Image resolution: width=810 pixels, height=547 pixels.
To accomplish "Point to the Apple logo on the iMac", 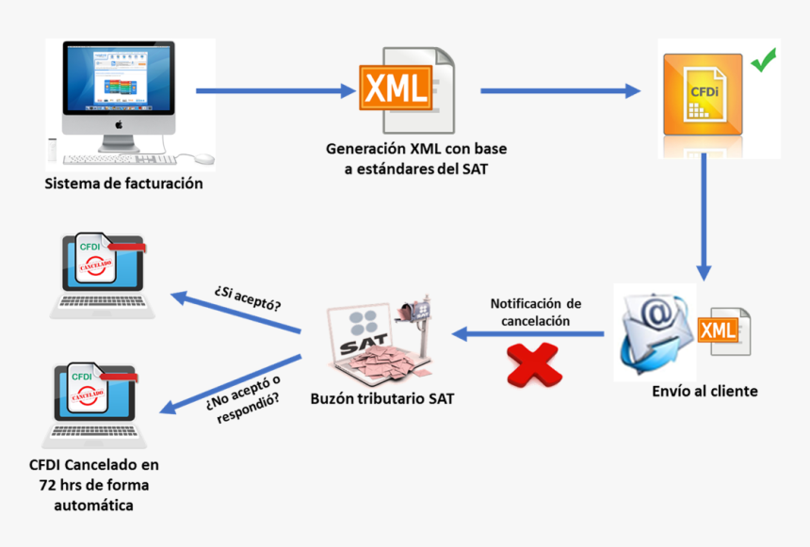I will [x=119, y=123].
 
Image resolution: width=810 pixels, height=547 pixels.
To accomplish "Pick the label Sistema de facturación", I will [x=123, y=184].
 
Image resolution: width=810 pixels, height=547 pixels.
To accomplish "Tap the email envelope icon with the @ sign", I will [x=656, y=331].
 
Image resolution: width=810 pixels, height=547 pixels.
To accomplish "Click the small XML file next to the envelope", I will [x=726, y=330].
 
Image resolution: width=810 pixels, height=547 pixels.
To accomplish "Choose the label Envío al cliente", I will [x=705, y=391].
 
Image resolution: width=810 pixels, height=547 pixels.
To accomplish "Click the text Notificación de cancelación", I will [x=535, y=312].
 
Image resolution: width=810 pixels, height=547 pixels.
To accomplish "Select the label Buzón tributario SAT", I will [x=382, y=398].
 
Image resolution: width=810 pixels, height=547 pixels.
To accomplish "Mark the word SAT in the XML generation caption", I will [x=474, y=169].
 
